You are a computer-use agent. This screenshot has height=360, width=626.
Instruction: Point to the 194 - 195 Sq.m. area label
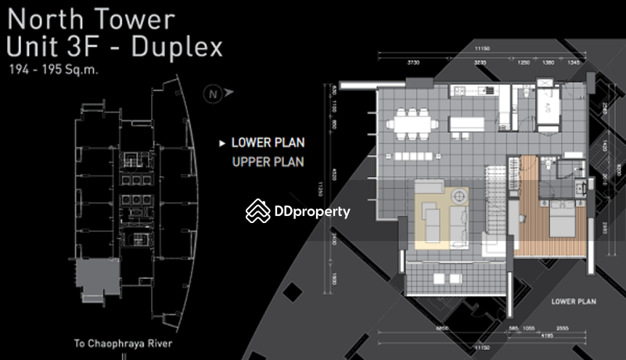point(55,70)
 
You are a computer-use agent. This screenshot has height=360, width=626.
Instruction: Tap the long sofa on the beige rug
point(430,221)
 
